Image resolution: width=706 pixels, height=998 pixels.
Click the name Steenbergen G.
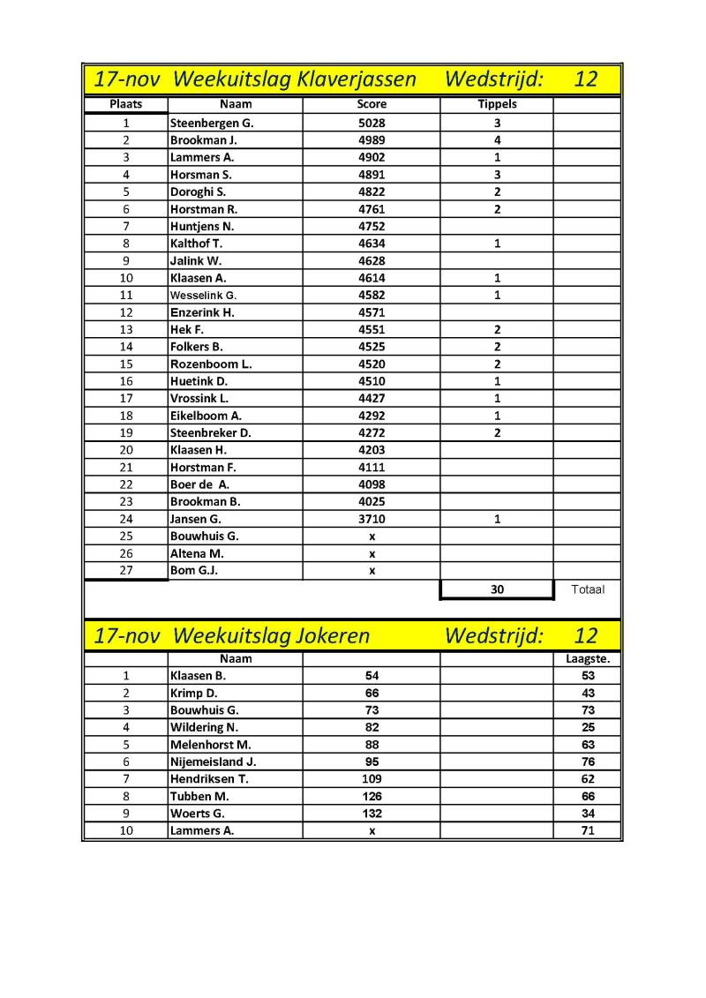[212, 124]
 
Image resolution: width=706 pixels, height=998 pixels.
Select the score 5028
[372, 124]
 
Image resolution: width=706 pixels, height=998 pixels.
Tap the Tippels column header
[497, 104]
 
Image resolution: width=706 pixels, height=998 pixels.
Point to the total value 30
[497, 589]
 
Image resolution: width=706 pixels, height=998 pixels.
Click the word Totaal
[587, 589]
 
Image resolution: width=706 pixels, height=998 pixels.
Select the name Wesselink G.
[204, 296]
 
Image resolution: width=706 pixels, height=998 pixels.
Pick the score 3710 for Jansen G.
[372, 520]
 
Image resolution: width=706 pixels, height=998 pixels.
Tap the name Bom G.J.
[194, 571]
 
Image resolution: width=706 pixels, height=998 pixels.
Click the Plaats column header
[126, 104]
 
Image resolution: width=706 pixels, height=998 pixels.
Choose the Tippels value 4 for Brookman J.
[497, 140]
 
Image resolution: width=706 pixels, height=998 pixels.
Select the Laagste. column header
[588, 658]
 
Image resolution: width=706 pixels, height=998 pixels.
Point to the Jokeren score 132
[372, 814]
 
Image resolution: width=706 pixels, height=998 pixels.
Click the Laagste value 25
[588, 727]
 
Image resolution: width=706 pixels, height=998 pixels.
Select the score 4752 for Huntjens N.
[372, 227]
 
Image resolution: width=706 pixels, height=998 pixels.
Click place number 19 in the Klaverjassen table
[126, 433]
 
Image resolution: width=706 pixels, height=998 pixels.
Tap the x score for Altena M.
[372, 554]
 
